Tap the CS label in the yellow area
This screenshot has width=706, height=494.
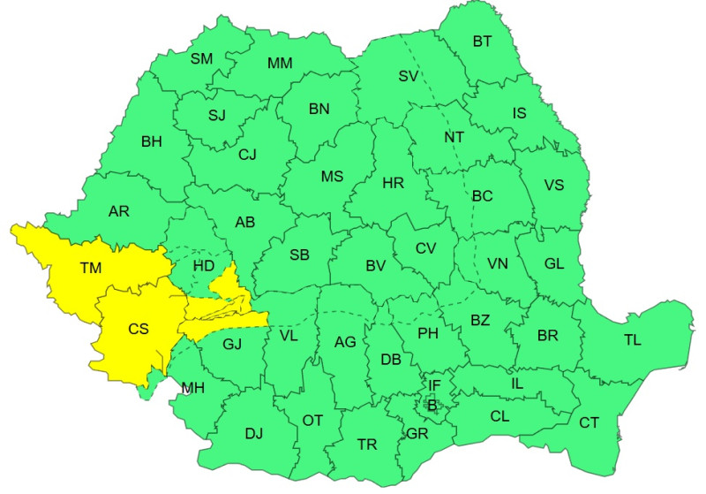coord(139,329)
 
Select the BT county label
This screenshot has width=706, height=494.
coord(482,41)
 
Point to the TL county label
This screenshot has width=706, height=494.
coord(633,340)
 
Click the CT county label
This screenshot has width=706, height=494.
coord(589,422)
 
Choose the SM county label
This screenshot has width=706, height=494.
coord(202,59)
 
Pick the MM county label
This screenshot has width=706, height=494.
coord(280,63)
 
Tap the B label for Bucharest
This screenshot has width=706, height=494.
coord(432,406)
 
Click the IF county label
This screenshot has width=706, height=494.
coord(434,385)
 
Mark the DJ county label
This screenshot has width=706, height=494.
coord(254,433)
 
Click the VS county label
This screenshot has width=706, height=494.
coord(553,185)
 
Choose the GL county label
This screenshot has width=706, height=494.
coord(554,263)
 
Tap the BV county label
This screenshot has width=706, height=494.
coord(377,264)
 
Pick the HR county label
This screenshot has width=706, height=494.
coord(393,184)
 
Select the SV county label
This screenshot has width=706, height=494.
coord(408,76)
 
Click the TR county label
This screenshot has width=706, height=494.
coord(367,444)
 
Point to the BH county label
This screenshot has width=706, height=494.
coord(152,141)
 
